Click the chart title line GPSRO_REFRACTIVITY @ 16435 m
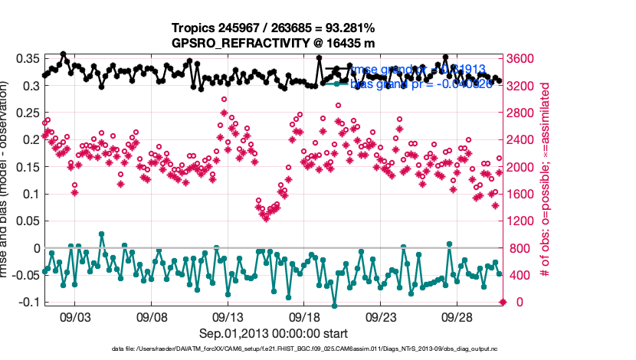[x=274, y=43]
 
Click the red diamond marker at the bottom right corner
[x=503, y=302]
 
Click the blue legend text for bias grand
[x=421, y=83]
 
